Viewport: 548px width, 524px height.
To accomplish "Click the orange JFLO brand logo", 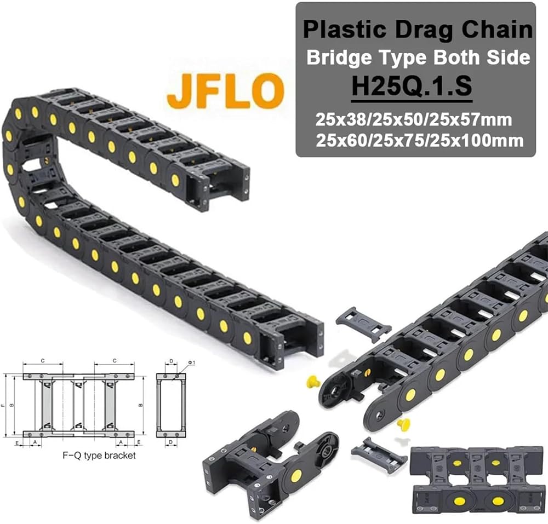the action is [x=225, y=90].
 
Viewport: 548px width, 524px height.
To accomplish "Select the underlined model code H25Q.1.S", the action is [x=412, y=86].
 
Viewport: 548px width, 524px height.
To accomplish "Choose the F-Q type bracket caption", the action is [x=99, y=456].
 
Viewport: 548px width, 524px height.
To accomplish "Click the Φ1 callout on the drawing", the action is [x=191, y=363].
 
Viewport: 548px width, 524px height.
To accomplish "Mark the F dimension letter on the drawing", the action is [x=3, y=405].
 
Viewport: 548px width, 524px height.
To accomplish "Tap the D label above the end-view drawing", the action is [x=171, y=361].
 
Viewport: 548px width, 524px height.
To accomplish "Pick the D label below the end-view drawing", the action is [x=171, y=442].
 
